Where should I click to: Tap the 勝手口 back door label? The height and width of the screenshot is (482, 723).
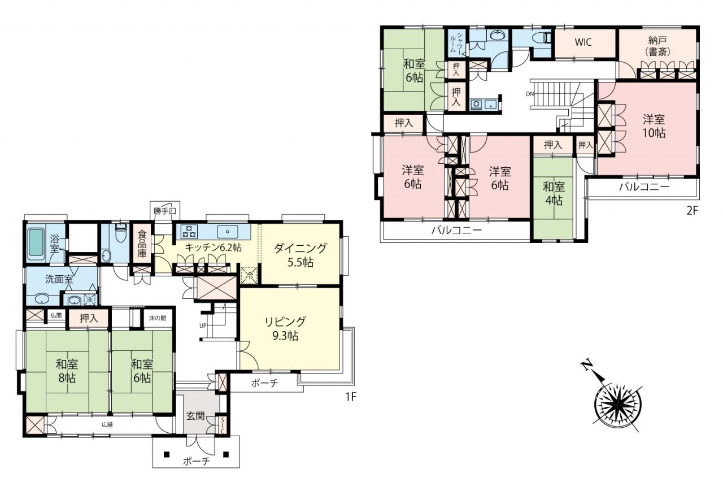(x=165, y=211)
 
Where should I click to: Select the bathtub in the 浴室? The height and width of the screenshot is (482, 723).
(x=36, y=244)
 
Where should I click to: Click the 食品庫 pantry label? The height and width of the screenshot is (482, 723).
(x=142, y=244)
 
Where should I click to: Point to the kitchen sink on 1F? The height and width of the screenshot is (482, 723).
(x=228, y=232)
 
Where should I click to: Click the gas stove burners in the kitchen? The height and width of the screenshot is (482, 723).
(x=189, y=232)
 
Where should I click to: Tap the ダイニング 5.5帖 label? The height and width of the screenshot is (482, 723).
(x=300, y=255)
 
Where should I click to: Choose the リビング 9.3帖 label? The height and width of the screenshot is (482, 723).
(x=285, y=329)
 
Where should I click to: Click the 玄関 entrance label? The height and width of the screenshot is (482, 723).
(x=195, y=416)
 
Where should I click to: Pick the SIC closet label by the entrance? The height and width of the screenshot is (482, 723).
(x=223, y=424)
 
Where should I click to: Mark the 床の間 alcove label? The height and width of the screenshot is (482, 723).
(x=158, y=318)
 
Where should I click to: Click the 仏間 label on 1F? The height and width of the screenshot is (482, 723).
(x=56, y=315)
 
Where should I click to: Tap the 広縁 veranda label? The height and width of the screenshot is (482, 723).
(x=107, y=425)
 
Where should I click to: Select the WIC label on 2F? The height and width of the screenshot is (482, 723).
(x=583, y=42)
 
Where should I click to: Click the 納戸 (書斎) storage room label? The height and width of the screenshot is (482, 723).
(x=657, y=46)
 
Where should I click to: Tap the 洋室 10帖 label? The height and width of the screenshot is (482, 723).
(x=654, y=126)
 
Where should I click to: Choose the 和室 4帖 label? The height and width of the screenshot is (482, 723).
(x=554, y=193)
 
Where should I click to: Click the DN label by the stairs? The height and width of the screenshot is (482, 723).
(x=530, y=94)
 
